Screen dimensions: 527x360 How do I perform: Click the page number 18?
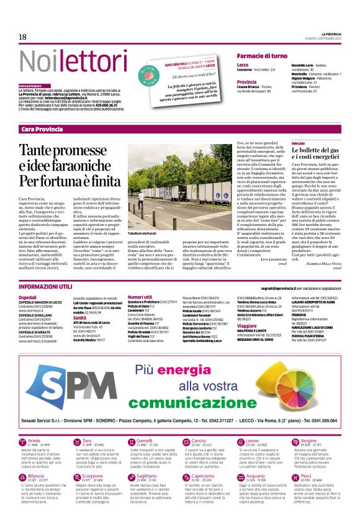point(22,36)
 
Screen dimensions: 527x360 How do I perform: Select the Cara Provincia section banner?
point(42,128)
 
